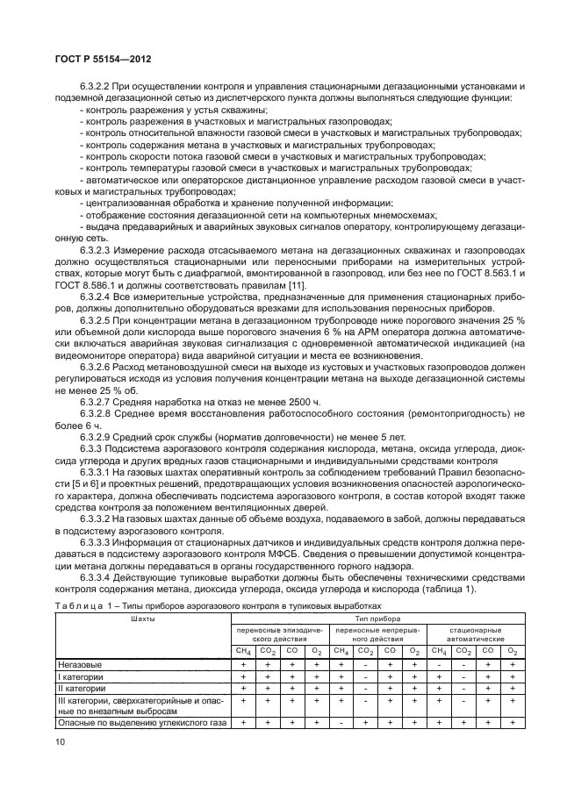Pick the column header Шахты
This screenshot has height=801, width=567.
[142, 619]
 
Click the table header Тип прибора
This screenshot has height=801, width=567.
[377, 619]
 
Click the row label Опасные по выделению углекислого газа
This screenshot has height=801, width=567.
[141, 723]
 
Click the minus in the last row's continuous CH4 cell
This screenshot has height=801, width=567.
[340, 723]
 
